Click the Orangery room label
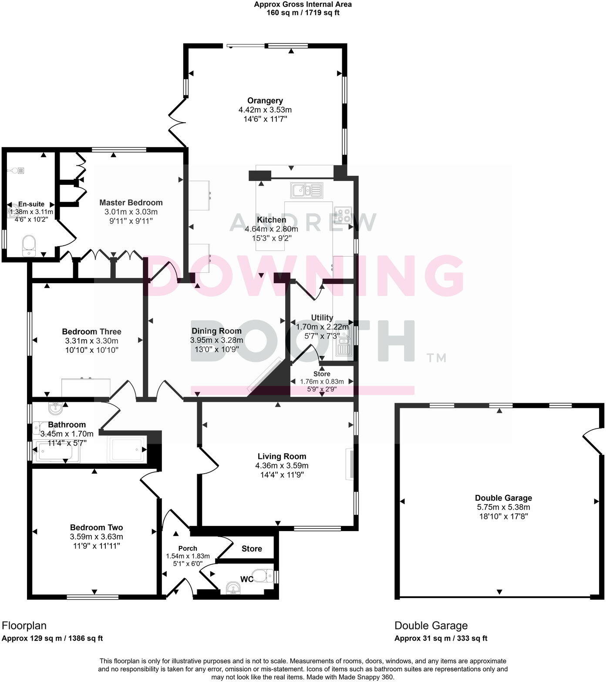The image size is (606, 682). [x=265, y=101]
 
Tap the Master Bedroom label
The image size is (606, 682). [x=131, y=203]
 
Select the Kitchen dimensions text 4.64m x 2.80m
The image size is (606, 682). [x=271, y=229]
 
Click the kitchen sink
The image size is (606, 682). [x=307, y=190]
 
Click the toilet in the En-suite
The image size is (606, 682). [x=29, y=246]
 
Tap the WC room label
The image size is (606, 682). [x=246, y=579]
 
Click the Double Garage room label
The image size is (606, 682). [x=503, y=498]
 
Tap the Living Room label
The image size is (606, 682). [x=282, y=456]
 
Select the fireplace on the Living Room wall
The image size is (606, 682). [x=350, y=465]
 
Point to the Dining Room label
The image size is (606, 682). [x=216, y=331]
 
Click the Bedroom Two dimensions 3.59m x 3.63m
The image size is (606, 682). [x=96, y=537]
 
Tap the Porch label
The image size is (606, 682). [x=188, y=548]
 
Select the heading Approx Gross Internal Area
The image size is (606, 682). [x=303, y=4]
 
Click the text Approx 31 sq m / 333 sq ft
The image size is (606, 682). [x=441, y=639]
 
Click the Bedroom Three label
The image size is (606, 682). [x=91, y=332]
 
